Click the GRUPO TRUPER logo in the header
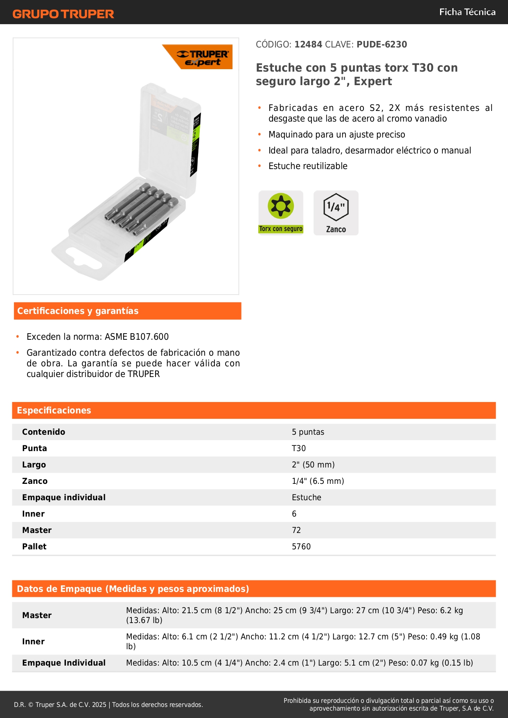pos(63,14)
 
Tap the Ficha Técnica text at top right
pos(467,12)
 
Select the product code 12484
pos(308,44)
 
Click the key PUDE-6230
pos(382,44)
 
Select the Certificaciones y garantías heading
pos(78,311)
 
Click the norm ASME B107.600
pos(137,336)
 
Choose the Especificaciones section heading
pos(54,410)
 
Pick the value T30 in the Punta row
pos(299,448)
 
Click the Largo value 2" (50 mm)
pos(313,465)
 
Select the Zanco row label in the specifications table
pos(35,481)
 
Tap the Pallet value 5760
pos(301,546)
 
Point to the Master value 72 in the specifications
pos(296,530)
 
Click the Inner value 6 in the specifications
pos(294,514)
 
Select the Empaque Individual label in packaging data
pos(64,663)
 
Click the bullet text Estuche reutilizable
pos(308,166)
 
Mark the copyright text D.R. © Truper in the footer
pos(60,704)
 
